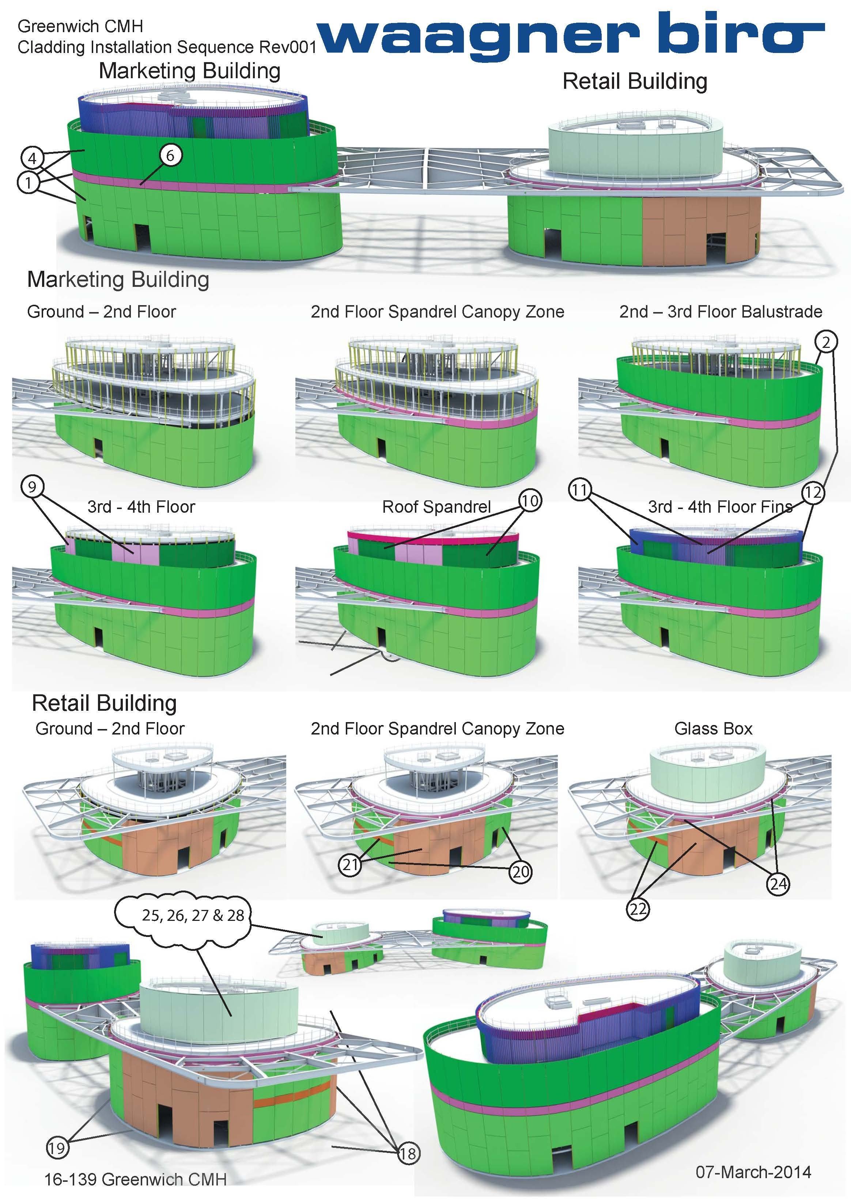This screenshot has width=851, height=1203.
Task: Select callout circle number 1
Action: click(28, 182)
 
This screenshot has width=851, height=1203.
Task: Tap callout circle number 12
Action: click(813, 493)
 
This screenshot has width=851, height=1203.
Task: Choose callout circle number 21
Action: click(350, 864)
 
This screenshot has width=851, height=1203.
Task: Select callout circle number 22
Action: click(638, 908)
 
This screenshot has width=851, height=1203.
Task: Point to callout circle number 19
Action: click(57, 1148)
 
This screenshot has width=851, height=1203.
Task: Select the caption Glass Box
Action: click(713, 728)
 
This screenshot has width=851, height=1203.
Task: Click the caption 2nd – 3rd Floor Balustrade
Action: click(720, 312)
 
